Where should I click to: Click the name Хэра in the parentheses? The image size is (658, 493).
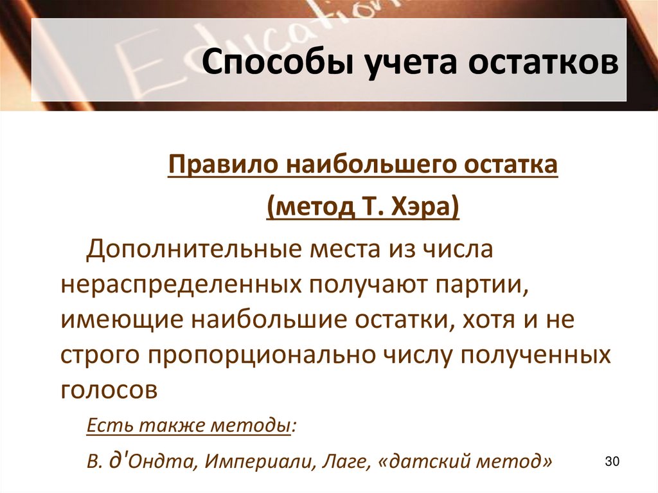422,209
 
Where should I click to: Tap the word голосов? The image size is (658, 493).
109,391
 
